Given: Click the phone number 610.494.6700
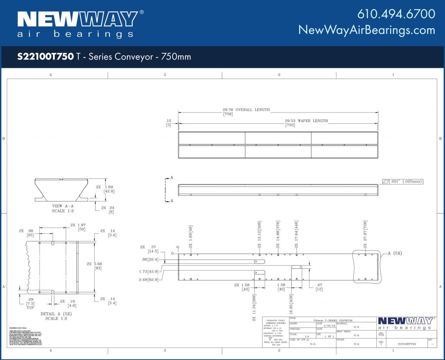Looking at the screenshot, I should coord(396,14).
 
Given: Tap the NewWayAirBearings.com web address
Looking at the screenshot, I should coord(366,30).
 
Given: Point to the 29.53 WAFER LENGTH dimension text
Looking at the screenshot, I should coord(306,121).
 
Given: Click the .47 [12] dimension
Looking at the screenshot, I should coord(319,287).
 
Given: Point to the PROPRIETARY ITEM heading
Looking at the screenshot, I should coord(18,327).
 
